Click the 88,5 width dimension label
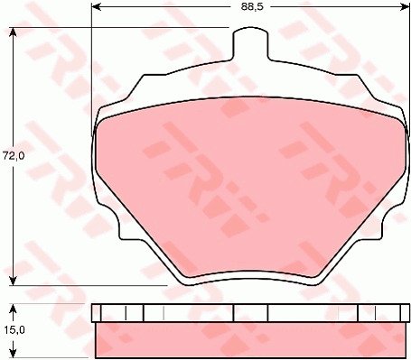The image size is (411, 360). tap(252, 6)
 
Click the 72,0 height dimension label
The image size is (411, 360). tap(14, 156)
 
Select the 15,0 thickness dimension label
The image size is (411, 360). tap(14, 330)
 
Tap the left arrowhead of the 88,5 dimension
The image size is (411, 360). tap(96, 6)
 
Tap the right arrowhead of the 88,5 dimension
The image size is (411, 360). tap(405, 6)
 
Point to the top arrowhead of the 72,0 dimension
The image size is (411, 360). tap(13, 32)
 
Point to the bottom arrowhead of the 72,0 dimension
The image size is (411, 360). tap(13, 281)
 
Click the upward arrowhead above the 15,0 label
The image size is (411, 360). tap(13, 309)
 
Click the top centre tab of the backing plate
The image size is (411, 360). tap(250, 43)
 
